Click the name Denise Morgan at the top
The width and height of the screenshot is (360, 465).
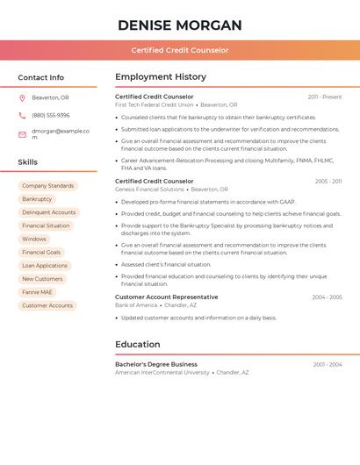[179, 25]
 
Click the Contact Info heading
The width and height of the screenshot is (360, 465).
[40, 77]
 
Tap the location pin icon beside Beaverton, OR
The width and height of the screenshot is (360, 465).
[22, 97]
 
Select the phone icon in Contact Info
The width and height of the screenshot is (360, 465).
[22, 115]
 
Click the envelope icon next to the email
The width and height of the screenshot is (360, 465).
[22, 134]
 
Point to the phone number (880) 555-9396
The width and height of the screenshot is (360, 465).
[50, 115]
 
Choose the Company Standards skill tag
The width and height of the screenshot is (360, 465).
[47, 186]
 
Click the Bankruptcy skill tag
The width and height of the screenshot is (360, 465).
[37, 199]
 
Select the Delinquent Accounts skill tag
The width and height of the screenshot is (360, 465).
[49, 212]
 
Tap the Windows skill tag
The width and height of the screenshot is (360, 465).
[34, 239]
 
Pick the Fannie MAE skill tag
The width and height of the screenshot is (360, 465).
[37, 292]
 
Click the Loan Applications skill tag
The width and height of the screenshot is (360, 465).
[45, 266]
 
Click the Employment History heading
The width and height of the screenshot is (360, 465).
[161, 77]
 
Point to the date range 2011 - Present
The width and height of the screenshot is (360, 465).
[325, 97]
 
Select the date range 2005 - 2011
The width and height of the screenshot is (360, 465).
[328, 182]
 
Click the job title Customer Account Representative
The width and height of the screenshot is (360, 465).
[166, 297]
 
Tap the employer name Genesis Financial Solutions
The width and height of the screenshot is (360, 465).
[149, 190]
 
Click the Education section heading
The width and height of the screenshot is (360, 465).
[138, 345]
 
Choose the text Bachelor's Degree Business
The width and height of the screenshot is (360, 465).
[156, 364]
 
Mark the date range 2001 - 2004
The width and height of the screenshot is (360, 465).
[328, 364]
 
